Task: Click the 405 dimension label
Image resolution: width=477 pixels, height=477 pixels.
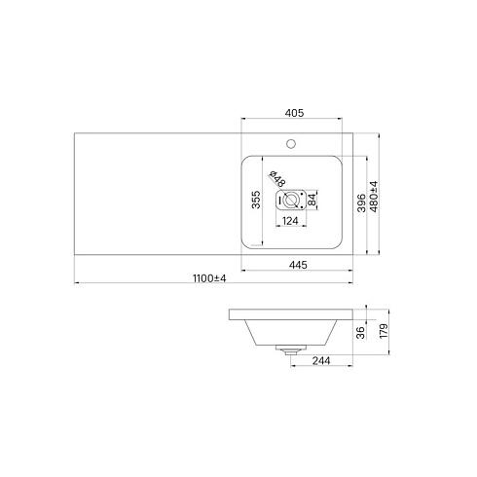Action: click(x=294, y=113)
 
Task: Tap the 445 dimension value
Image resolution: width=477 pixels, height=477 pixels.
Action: click(x=298, y=265)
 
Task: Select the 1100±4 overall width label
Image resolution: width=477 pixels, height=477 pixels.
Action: click(x=209, y=278)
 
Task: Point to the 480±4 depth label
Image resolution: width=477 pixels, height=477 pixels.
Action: click(x=374, y=197)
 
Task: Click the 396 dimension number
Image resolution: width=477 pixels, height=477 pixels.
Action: click(x=361, y=202)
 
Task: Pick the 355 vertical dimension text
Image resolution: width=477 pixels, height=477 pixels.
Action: click(x=256, y=200)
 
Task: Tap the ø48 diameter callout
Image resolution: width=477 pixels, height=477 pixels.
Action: click(x=277, y=178)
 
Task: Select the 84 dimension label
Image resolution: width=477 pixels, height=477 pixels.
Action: click(x=312, y=200)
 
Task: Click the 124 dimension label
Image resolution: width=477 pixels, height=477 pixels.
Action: click(x=290, y=221)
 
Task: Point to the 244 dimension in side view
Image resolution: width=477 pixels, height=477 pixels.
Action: click(x=321, y=360)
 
